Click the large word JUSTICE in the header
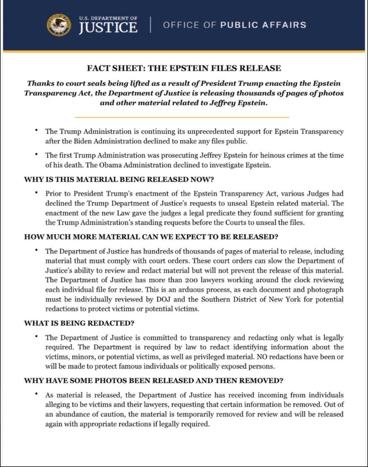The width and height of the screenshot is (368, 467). tap(108, 28)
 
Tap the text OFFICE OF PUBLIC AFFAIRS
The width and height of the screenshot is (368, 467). tap(235, 25)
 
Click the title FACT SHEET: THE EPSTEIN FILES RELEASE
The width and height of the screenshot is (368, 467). tap(184, 68)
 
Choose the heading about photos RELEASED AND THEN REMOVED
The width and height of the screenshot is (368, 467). tap(153, 380)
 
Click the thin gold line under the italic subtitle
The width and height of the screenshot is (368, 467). tap(184, 117)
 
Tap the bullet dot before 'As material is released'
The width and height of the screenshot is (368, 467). tap(37, 394)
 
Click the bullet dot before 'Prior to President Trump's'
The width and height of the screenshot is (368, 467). tap(37, 193)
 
